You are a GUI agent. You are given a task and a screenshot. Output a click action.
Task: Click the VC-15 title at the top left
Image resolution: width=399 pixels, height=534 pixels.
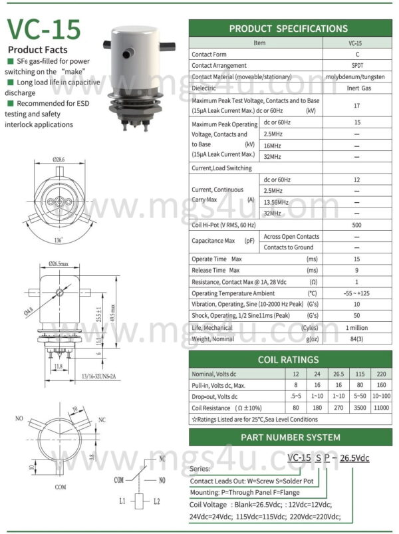pyautogui.click(x=45, y=30)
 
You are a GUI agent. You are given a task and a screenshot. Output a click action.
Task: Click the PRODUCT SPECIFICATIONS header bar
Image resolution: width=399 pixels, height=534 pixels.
pyautogui.click(x=288, y=29)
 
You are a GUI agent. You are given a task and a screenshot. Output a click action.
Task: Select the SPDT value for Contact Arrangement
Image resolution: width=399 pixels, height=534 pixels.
pyautogui.click(x=358, y=65)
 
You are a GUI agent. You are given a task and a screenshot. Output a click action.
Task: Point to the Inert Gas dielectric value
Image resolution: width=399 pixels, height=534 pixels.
pyautogui.click(x=358, y=88)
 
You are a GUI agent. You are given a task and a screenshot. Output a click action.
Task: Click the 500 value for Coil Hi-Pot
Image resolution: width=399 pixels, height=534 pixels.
pyautogui.click(x=358, y=225)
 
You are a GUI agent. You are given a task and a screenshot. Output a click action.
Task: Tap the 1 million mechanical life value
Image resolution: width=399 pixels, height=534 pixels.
pyautogui.click(x=358, y=328)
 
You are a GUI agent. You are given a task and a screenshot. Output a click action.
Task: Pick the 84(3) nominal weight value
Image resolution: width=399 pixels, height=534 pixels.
pyautogui.click(x=358, y=340)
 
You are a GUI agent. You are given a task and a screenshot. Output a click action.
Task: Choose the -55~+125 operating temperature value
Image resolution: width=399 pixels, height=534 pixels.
pyautogui.click(x=358, y=293)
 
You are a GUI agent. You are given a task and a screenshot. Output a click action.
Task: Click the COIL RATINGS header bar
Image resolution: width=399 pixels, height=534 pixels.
pyautogui.click(x=288, y=360)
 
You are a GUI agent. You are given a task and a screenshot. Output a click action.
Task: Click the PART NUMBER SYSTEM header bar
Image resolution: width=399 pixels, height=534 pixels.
pyautogui.click(x=288, y=437)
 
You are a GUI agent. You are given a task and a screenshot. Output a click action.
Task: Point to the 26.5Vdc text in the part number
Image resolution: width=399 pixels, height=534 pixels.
pyautogui.click(x=354, y=459)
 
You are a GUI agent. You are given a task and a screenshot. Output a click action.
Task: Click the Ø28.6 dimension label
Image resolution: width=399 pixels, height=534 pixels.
pyautogui.click(x=59, y=160)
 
